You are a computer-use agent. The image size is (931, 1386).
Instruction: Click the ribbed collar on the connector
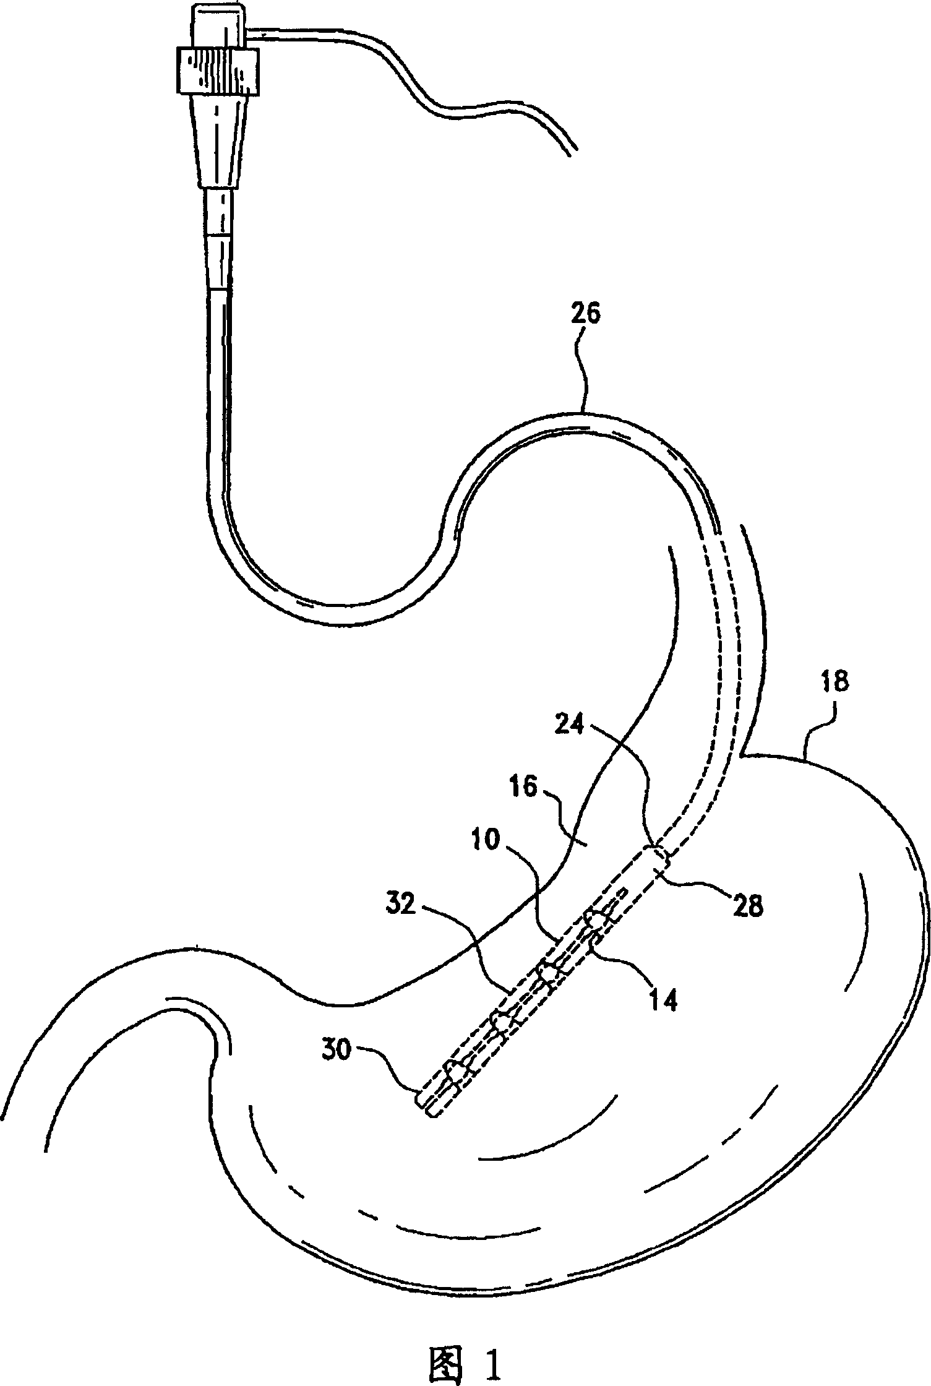pyautogui.click(x=217, y=71)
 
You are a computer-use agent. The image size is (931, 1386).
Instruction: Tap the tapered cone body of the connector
pyautogui.click(x=217, y=142)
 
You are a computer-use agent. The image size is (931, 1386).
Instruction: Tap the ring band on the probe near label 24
pyautogui.click(x=659, y=857)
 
